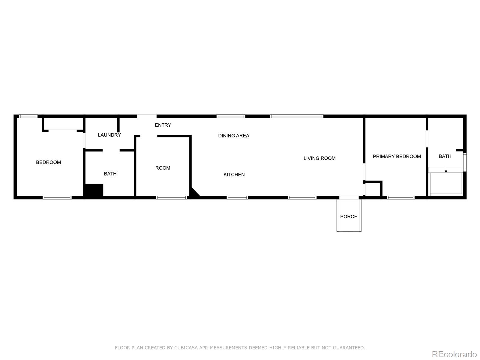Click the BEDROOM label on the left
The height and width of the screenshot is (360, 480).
[48, 162]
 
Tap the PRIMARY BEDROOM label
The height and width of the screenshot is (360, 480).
[397, 156]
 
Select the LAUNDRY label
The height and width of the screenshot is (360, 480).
[109, 135]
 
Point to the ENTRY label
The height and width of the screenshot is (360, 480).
[163, 125]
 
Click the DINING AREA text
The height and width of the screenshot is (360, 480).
[233, 136]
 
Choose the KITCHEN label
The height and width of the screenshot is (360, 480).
[234, 174]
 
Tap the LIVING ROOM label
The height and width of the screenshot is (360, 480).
[319, 158]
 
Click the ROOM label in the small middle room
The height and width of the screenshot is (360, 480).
[163, 168]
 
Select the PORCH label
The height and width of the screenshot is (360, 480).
[349, 216]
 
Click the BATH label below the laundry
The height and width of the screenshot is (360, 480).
[110, 174]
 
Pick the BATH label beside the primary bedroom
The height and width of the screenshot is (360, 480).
[445, 156]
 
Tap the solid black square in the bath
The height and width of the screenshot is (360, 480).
[94, 190]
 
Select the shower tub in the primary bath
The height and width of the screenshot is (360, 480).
[446, 183]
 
